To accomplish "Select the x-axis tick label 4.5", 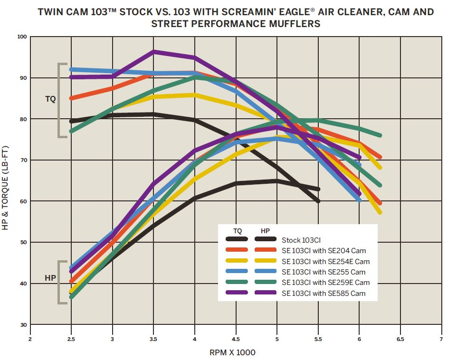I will tap(236, 339).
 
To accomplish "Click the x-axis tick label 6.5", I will tap(400, 339).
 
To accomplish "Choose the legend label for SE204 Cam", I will tap(324, 251).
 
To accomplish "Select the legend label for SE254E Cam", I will tap(325, 262).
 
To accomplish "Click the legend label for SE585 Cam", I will tap(324, 293).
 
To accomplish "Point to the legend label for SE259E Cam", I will tap(325, 283).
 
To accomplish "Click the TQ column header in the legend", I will tap(238, 231).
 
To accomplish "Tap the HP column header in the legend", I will tap(266, 231).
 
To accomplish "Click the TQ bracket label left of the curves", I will tap(50, 99).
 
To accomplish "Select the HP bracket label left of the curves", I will tap(50, 278).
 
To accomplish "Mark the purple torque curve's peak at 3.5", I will tap(153, 52).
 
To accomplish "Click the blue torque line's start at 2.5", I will tap(71, 69).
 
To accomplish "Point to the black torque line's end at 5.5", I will tap(318, 201).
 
